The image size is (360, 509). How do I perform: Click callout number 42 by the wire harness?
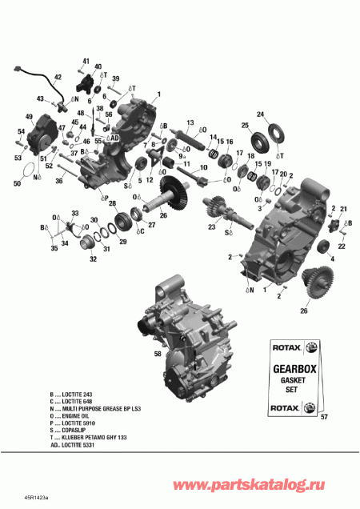coord(57,78)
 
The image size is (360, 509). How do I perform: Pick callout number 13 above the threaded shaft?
coord(190,122)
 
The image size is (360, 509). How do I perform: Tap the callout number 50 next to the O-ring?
coord(18,184)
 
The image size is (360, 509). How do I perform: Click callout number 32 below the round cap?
coord(93,259)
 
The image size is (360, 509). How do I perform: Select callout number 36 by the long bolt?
coord(58,181)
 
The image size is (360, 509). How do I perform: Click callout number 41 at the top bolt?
coord(86,62)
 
